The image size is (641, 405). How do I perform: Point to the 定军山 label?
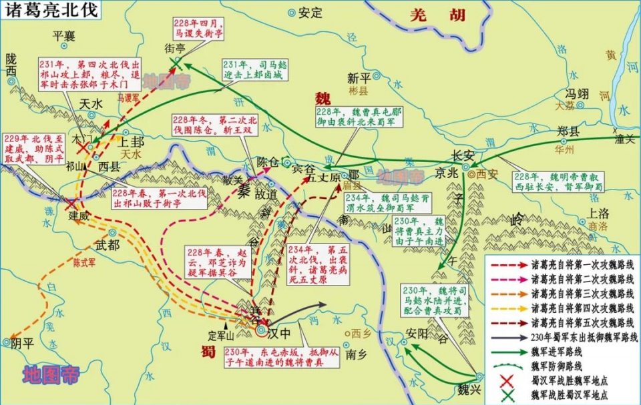tap(222, 336)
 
